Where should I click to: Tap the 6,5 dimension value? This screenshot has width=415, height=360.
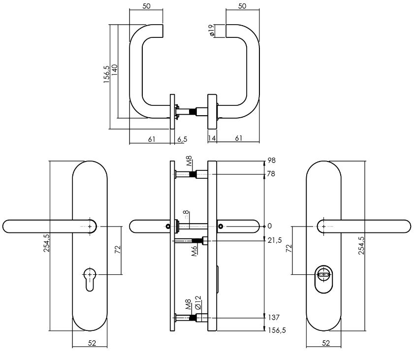(x=182, y=139)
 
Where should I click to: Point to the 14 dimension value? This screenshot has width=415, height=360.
(x=212, y=139)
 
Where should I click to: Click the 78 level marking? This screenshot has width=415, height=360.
(x=271, y=174)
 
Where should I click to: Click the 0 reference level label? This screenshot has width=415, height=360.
(x=269, y=226)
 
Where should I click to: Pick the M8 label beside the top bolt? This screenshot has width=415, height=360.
(x=189, y=162)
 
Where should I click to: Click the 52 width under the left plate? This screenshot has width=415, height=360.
(x=92, y=343)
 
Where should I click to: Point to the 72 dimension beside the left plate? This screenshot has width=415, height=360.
(x=118, y=249)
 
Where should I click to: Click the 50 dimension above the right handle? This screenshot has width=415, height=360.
(x=242, y=6)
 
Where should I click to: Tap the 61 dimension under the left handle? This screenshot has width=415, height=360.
(x=152, y=139)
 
